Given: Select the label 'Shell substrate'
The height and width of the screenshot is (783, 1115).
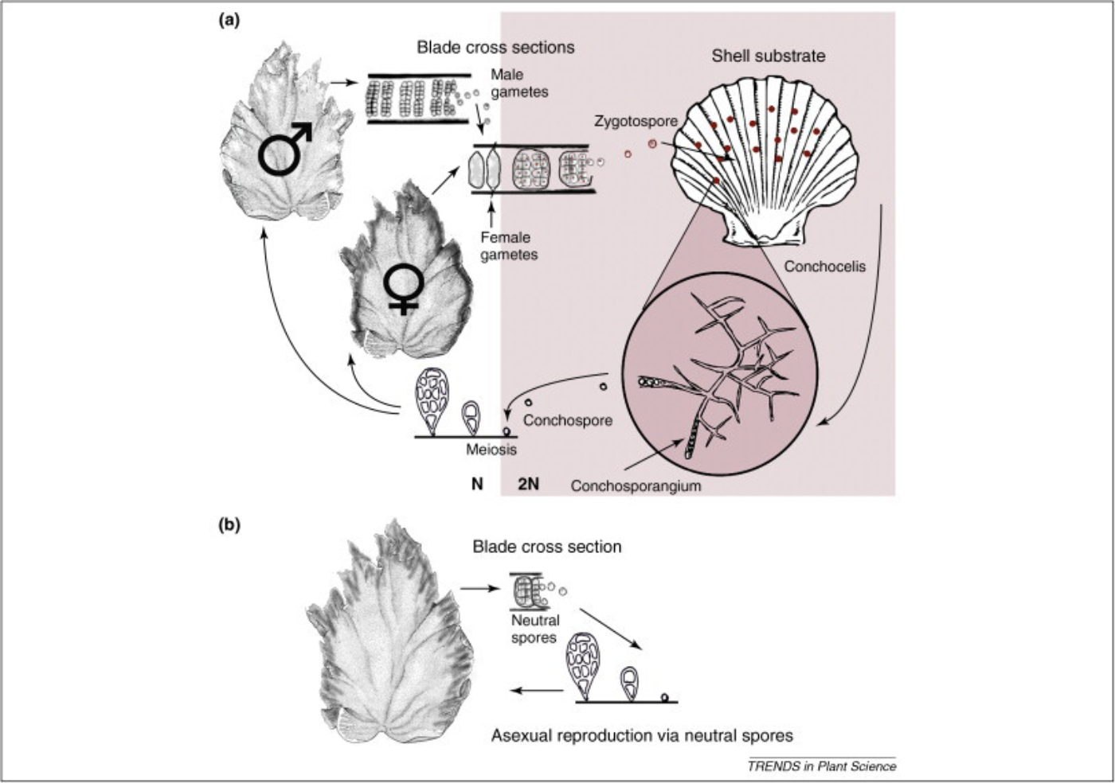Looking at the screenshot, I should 768,56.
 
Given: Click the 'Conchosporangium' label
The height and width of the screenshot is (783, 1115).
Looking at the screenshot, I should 636,485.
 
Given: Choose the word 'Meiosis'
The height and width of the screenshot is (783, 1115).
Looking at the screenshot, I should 491,450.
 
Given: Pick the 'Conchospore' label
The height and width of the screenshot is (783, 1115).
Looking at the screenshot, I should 567,419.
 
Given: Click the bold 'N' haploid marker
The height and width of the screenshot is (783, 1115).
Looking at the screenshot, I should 476,483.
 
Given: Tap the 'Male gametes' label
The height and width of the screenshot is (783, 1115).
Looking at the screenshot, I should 518,83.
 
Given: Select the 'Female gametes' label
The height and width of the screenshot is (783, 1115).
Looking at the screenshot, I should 508,246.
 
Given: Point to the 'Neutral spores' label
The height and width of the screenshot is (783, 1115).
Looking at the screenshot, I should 534,629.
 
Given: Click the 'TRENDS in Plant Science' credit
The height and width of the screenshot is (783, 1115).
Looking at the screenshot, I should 821,766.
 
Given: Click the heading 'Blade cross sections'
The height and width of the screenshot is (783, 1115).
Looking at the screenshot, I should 495,47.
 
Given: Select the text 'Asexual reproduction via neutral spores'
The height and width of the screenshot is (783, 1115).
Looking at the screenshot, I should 641,735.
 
